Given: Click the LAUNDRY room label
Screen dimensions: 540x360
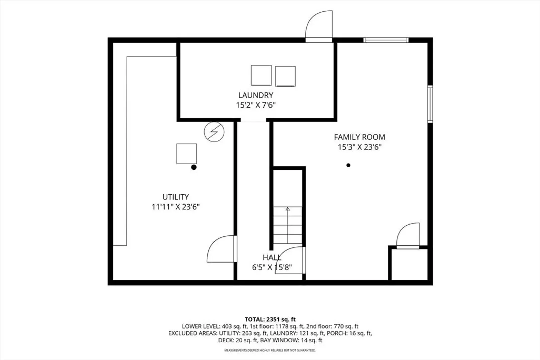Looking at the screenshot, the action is click(x=255, y=95).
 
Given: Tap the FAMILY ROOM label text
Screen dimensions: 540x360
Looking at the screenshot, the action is click(x=359, y=137).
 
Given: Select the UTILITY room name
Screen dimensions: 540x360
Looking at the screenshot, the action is click(x=175, y=197).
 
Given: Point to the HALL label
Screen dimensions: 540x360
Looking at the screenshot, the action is click(x=272, y=258).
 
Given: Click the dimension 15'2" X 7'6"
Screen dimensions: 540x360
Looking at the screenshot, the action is click(x=255, y=105).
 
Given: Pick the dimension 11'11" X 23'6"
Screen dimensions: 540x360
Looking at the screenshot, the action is click(x=176, y=207).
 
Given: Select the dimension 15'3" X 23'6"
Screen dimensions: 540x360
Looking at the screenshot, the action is click(x=359, y=147).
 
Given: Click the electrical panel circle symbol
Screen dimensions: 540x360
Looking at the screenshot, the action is click(x=214, y=132).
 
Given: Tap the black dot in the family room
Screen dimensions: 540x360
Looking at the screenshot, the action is click(x=348, y=165).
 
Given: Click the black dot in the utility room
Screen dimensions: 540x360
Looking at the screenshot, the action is click(x=194, y=167).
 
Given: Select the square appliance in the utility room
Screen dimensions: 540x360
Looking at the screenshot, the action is click(x=186, y=154).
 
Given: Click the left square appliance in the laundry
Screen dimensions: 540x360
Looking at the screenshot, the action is click(x=261, y=75).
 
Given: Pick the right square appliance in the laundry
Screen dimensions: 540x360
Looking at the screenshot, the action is click(x=285, y=76).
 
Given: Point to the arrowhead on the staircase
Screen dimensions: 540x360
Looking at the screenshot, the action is click(x=288, y=209).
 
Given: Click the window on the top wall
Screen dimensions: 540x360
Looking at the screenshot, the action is click(x=386, y=40).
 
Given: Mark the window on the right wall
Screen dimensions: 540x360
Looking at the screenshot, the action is click(x=430, y=104).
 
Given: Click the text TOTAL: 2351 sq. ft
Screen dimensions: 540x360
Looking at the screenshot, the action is click(x=270, y=319).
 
